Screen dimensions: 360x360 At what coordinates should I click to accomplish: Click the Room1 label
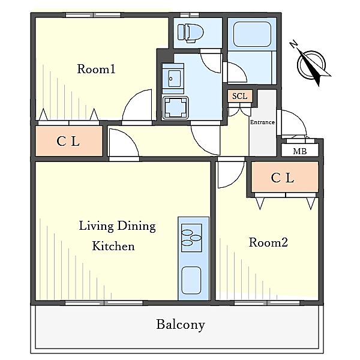(96, 69)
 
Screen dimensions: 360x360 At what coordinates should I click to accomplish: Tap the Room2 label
(268, 242)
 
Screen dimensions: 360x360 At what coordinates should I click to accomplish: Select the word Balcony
(181, 325)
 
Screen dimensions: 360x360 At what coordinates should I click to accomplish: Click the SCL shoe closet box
(240, 96)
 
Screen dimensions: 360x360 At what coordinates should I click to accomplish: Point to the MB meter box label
(300, 151)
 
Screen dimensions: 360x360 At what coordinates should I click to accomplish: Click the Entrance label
(262, 122)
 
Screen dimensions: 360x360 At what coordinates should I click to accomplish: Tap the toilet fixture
(190, 33)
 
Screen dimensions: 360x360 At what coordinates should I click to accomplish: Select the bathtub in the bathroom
(252, 34)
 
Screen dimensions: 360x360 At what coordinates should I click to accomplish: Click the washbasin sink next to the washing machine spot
(173, 79)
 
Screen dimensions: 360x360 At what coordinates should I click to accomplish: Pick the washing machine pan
(175, 108)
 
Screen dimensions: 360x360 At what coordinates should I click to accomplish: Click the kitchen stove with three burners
(191, 238)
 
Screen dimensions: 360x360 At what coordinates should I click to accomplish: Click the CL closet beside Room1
(68, 141)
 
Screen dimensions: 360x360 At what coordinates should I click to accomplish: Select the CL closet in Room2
(284, 177)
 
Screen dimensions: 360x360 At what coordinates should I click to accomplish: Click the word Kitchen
(113, 246)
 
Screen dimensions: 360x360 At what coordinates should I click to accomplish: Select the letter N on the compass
(294, 44)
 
